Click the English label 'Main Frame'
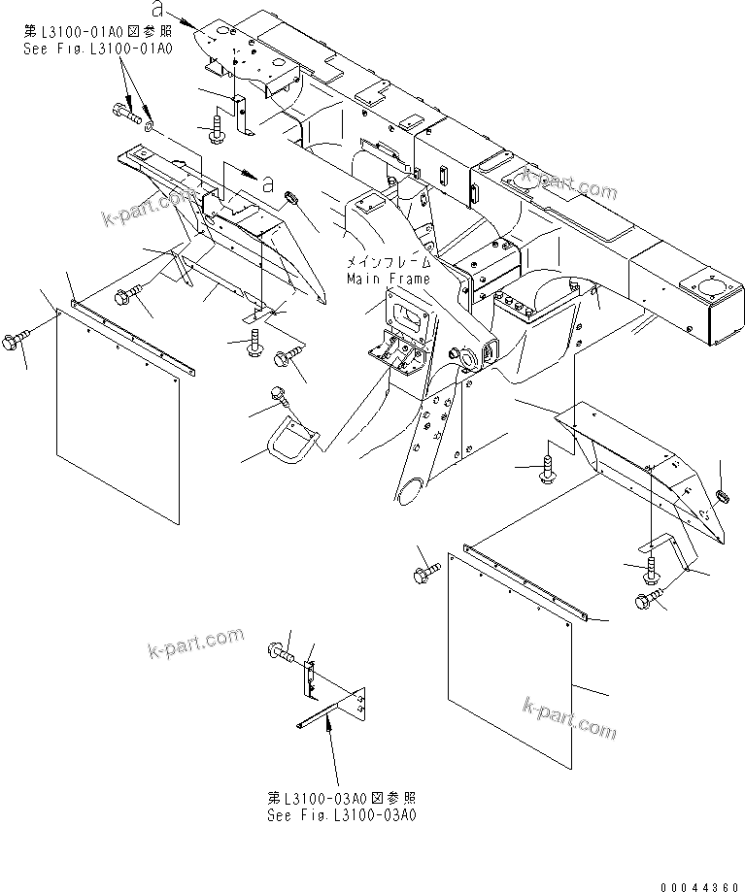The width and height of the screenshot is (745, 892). pyautogui.click(x=388, y=279)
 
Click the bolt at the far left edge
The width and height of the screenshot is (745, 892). pyautogui.click(x=18, y=341)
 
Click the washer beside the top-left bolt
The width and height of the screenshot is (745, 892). pyautogui.click(x=147, y=125)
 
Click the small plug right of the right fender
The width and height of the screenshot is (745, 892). pyautogui.click(x=722, y=496)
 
